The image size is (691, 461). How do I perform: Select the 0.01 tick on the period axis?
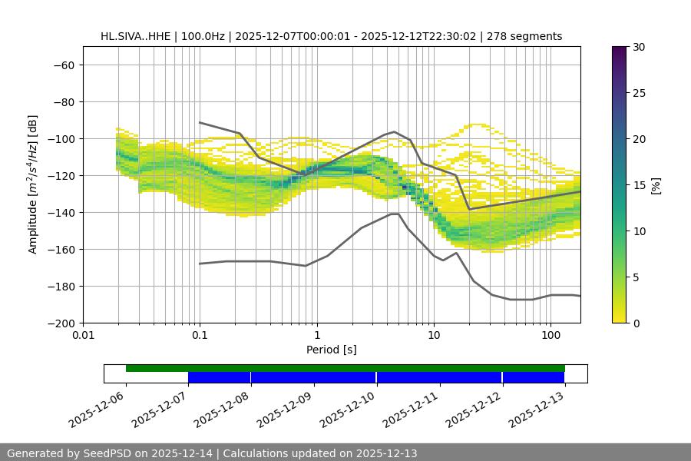click(83, 336)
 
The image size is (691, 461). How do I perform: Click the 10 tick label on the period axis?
click(434, 336)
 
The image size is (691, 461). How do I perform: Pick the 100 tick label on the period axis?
click(550, 336)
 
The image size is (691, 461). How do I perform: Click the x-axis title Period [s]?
click(331, 350)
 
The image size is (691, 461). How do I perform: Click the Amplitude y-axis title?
click(33, 184)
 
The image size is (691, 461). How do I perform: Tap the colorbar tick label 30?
click(638, 47)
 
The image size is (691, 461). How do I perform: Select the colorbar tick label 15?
click(638, 185)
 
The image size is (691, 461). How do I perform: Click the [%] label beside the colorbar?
click(656, 185)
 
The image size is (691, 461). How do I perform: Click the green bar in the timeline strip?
click(345, 368)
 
